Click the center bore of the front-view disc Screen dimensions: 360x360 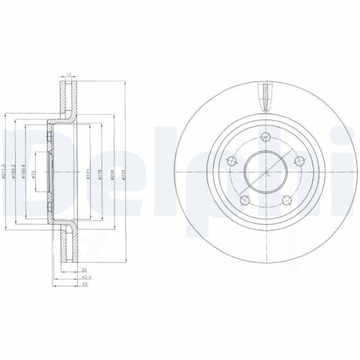click(265, 173)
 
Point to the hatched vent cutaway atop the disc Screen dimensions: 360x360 click(265, 95)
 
